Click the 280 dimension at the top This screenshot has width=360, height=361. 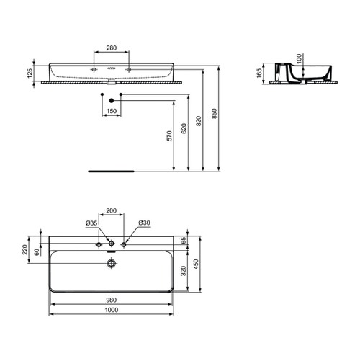click(x=111, y=48)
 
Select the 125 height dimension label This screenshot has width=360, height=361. click(x=31, y=72)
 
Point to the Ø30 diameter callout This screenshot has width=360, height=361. click(x=143, y=223)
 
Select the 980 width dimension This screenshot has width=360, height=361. click(x=111, y=301)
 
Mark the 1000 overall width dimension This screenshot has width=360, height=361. click(x=111, y=311)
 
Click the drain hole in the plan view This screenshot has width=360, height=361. click(x=111, y=264)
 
